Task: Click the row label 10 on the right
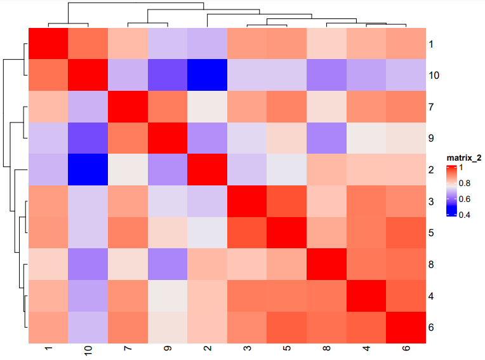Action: pyautogui.click(x=435, y=76)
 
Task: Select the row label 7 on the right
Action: pyautogui.click(x=431, y=107)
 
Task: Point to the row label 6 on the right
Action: pyautogui.click(x=431, y=328)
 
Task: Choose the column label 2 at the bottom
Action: pyautogui.click(x=207, y=350)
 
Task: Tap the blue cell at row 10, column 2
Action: pyautogui.click(x=207, y=76)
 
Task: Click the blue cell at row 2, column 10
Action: pyautogui.click(x=87, y=170)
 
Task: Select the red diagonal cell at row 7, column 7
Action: pyautogui.click(x=127, y=107)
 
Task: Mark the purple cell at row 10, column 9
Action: pyautogui.click(x=167, y=76)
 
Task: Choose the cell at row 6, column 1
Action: pyautogui.click(x=47, y=328)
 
